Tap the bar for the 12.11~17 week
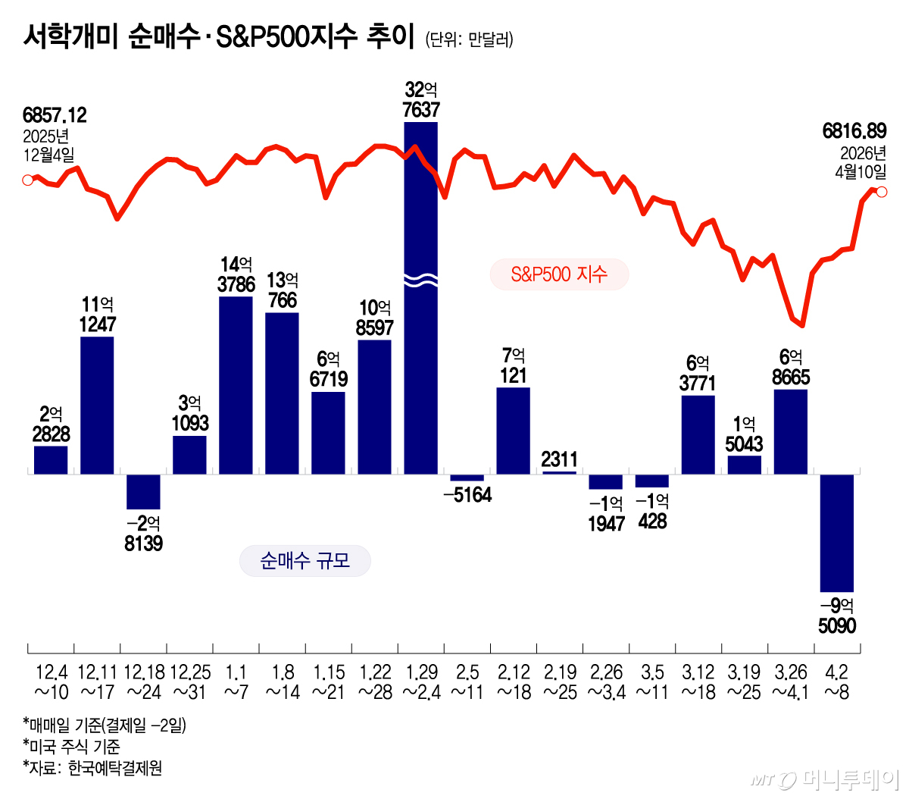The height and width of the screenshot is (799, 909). tap(97, 406)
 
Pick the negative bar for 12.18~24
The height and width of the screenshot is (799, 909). tap(143, 491)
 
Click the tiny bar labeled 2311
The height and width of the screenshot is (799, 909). tap(560, 472)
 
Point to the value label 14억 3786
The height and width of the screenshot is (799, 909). tap(236, 274)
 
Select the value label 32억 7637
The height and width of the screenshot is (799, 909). tap(421, 100)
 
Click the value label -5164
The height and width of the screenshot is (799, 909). tap(467, 495)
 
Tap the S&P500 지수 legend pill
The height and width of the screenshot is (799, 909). tap(559, 274)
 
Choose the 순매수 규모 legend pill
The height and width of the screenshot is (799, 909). tap(305, 561)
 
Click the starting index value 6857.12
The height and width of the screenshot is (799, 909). tap(55, 115)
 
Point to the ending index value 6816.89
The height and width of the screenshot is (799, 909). tap(854, 131)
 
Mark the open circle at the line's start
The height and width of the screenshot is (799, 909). tap(28, 180)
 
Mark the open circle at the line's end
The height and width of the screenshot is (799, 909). tap(882, 192)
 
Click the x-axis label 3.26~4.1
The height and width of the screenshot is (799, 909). tap(790, 681)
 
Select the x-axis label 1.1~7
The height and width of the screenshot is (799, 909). tap(236, 681)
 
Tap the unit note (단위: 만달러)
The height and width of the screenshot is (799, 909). tap(469, 39)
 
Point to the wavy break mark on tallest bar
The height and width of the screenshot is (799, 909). tap(420, 280)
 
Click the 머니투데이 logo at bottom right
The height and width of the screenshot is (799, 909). tap(826, 779)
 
